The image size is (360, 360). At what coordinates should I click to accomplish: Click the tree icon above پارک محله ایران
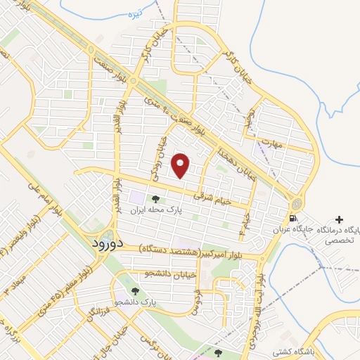pos(156,200)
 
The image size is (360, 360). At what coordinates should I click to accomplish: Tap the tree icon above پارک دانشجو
pos(134,290)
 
